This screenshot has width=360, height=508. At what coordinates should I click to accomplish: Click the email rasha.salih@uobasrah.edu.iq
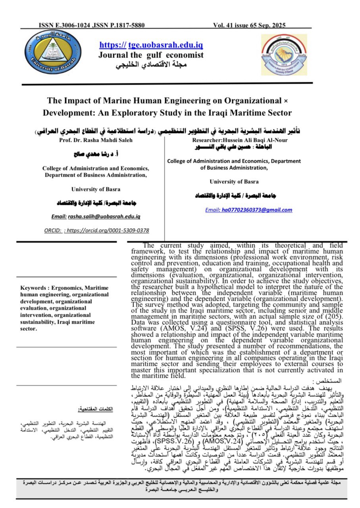point(96,216)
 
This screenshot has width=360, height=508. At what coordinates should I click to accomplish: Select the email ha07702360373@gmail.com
point(248,210)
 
